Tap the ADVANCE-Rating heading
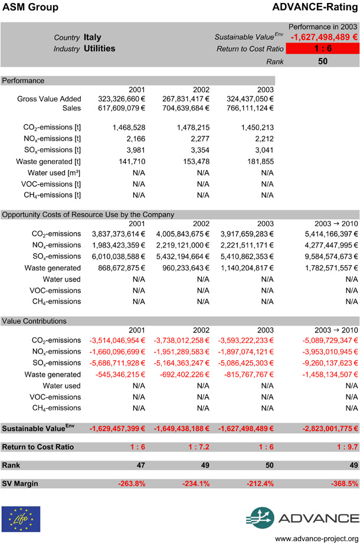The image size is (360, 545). pyautogui.click(x=315, y=8)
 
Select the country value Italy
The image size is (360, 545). pyautogui.click(x=93, y=37)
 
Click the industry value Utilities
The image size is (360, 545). pyautogui.click(x=99, y=48)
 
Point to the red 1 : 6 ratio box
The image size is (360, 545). pyautogui.click(x=323, y=48)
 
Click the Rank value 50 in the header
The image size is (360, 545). pyautogui.click(x=323, y=61)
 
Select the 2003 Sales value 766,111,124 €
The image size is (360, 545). pyautogui.click(x=250, y=108)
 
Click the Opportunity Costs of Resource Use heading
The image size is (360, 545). pyautogui.click(x=88, y=214)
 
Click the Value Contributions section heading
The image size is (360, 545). pyautogui.click(x=34, y=321)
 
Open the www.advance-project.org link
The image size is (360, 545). pyautogui.click(x=317, y=539)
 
